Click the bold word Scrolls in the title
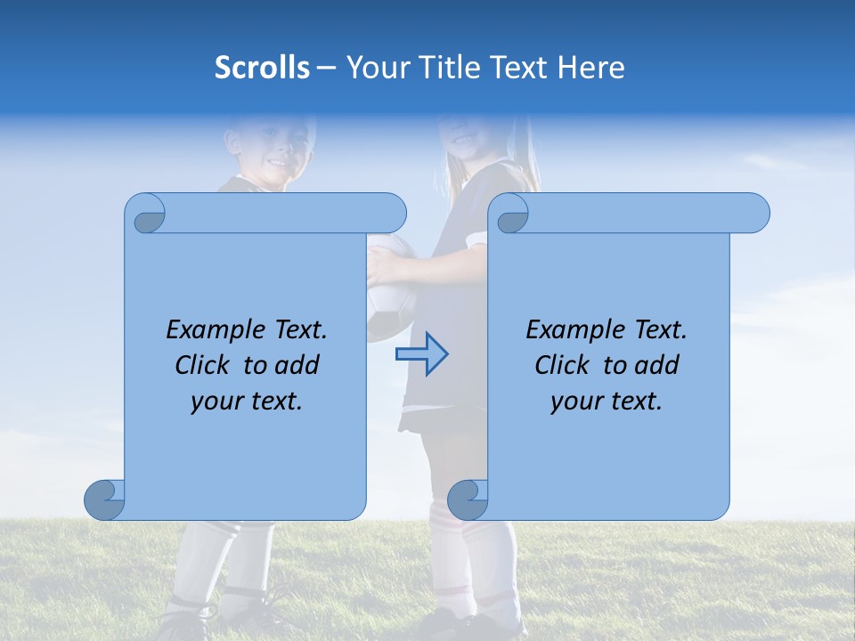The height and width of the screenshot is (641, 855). pos(262,68)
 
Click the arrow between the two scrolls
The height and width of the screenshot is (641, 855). pos(421,354)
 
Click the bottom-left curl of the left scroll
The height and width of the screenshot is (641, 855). pos(104,499)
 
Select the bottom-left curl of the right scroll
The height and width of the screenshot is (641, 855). pos(468,499)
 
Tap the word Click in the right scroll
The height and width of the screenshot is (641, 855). pos(562,365)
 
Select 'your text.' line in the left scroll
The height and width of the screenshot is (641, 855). pos(246,401)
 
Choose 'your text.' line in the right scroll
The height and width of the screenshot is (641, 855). pos(606,401)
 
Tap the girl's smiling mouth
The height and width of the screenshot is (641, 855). pos(464,140)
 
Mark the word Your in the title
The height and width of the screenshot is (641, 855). pos(374,68)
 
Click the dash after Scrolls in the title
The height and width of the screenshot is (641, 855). pos(326,69)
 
